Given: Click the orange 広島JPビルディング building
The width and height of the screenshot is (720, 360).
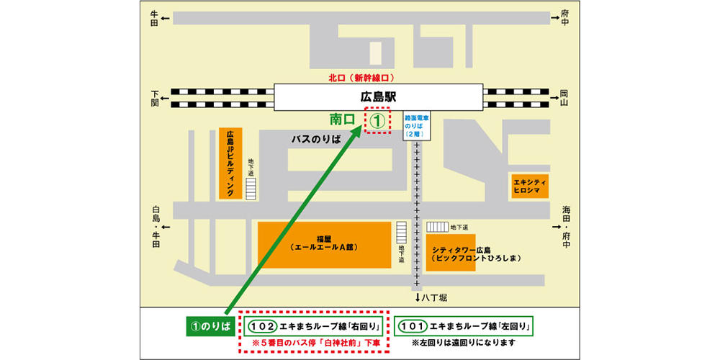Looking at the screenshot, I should (230, 164).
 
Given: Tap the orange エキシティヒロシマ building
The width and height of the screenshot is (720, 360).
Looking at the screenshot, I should (529, 186).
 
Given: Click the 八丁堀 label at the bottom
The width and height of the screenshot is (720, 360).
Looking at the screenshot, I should (435, 297).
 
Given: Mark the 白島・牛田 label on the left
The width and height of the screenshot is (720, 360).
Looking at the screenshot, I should (156, 227).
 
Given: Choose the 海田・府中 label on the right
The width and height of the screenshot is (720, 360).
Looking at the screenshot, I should (566, 227).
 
